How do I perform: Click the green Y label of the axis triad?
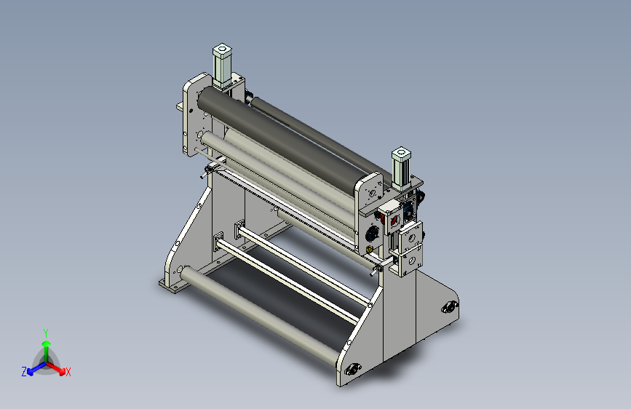click(46, 333)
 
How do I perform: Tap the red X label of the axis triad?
click(68, 372)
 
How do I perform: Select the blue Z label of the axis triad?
click(24, 372)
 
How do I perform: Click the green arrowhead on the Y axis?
click(47, 344)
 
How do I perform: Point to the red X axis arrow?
click(55, 368)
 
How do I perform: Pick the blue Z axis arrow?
click(37, 368)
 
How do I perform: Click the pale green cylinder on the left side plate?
click(222, 65)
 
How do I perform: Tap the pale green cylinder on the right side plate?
click(401, 167)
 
